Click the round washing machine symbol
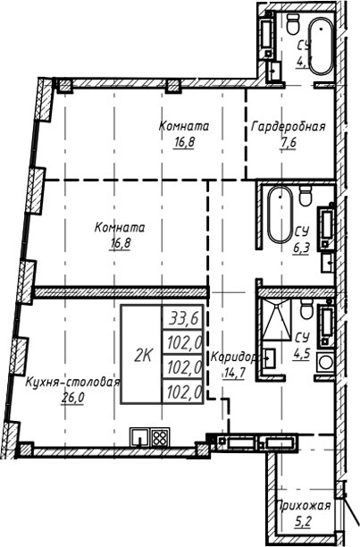(323, 364)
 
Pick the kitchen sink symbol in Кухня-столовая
(140, 438)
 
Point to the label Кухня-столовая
(73, 382)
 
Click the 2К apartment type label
(143, 354)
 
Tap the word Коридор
(233, 357)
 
